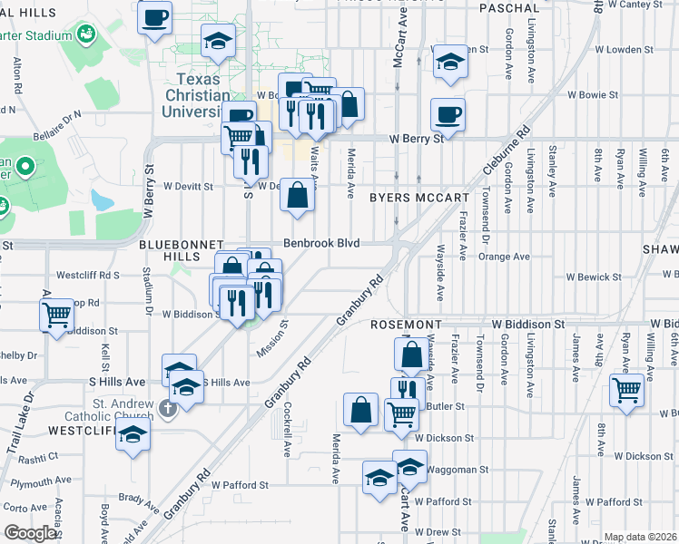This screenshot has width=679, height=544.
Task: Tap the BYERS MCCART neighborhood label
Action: tap(419, 197)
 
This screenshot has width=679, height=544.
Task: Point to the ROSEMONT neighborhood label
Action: tap(405, 324)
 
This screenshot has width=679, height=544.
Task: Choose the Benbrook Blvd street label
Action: tap(321, 243)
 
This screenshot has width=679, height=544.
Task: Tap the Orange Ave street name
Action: tap(504, 257)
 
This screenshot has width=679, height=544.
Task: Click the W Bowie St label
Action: tap(593, 94)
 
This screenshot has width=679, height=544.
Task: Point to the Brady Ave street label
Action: tap(138, 498)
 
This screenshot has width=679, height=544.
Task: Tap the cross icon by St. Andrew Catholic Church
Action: tap(166, 408)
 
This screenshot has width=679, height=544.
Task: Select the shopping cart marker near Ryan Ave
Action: tap(626, 390)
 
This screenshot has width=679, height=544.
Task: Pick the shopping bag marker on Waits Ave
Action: tap(298, 195)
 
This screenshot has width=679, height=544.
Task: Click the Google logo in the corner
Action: tap(30, 533)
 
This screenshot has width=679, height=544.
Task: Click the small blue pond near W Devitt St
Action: tap(103, 198)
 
